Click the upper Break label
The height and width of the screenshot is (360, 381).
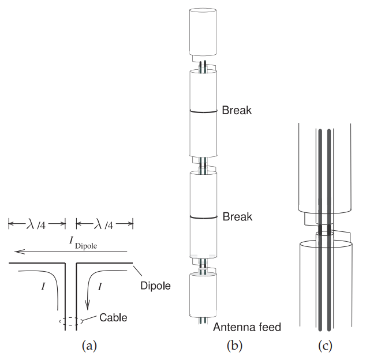coord(237,110)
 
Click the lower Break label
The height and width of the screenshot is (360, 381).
coord(237,216)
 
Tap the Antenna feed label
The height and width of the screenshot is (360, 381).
coord(246,328)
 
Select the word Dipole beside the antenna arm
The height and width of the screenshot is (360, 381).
coord(155,285)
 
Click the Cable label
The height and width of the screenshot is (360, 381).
coord(113,317)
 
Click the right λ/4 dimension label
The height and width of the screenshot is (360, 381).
coord(104,223)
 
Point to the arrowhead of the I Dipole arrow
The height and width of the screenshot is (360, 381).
coord(18,251)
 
